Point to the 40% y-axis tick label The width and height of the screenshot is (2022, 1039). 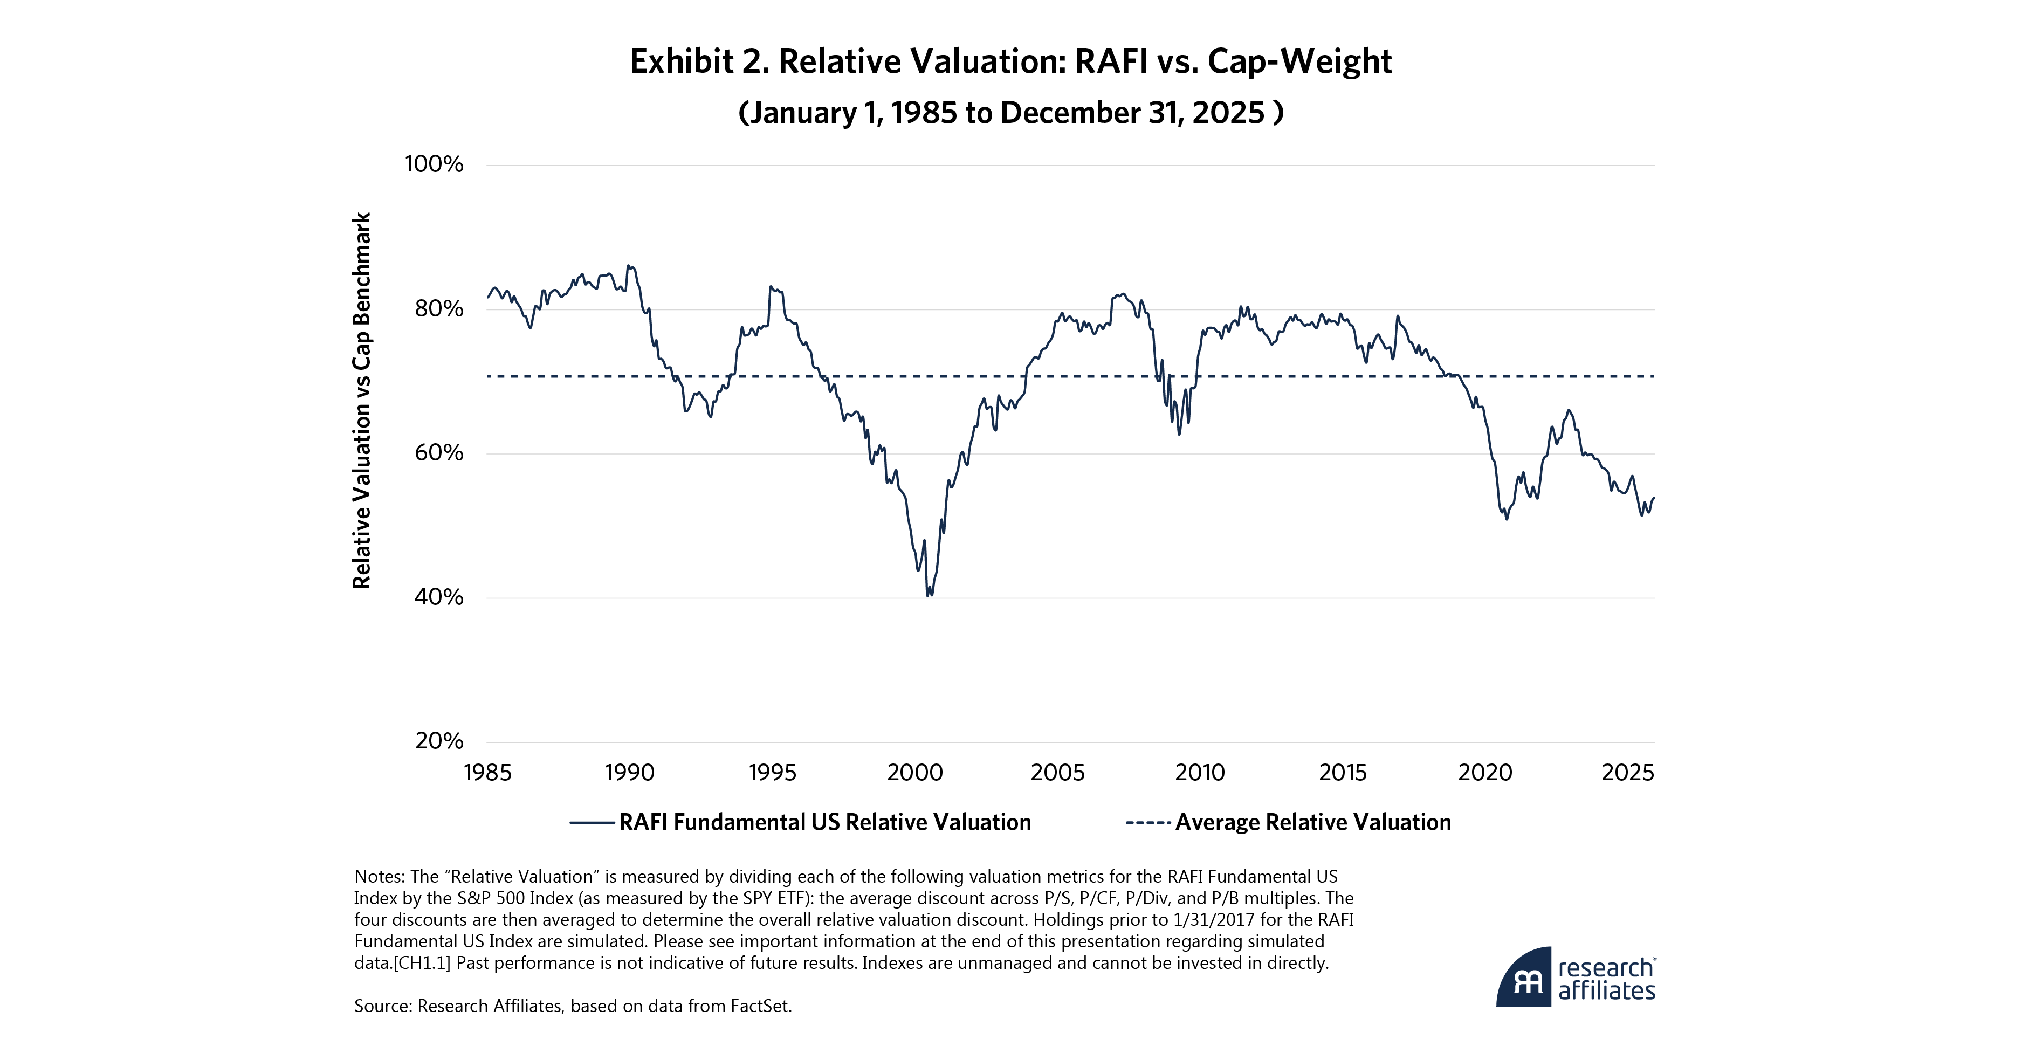438,597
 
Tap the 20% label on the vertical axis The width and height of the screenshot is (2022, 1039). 439,741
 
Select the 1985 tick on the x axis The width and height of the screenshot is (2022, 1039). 487,773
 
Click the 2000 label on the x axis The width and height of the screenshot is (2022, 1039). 914,773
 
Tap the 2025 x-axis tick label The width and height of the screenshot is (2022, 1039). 1627,773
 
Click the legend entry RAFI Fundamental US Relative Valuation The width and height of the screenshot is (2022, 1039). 824,822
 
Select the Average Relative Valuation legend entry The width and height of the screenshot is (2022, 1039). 1312,822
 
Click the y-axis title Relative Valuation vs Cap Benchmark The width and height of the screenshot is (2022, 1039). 361,400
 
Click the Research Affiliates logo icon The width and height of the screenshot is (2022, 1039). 1524,978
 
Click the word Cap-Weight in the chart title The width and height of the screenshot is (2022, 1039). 1299,61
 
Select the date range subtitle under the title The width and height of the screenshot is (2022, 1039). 1010,112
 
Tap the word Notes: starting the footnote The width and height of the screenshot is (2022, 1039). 380,877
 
